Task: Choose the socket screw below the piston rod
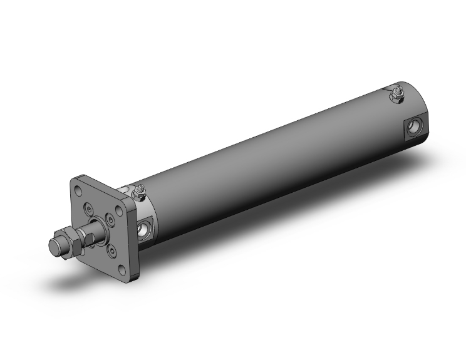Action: point(111,249)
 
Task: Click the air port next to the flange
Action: point(145,228)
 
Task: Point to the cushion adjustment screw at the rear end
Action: point(396,95)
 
